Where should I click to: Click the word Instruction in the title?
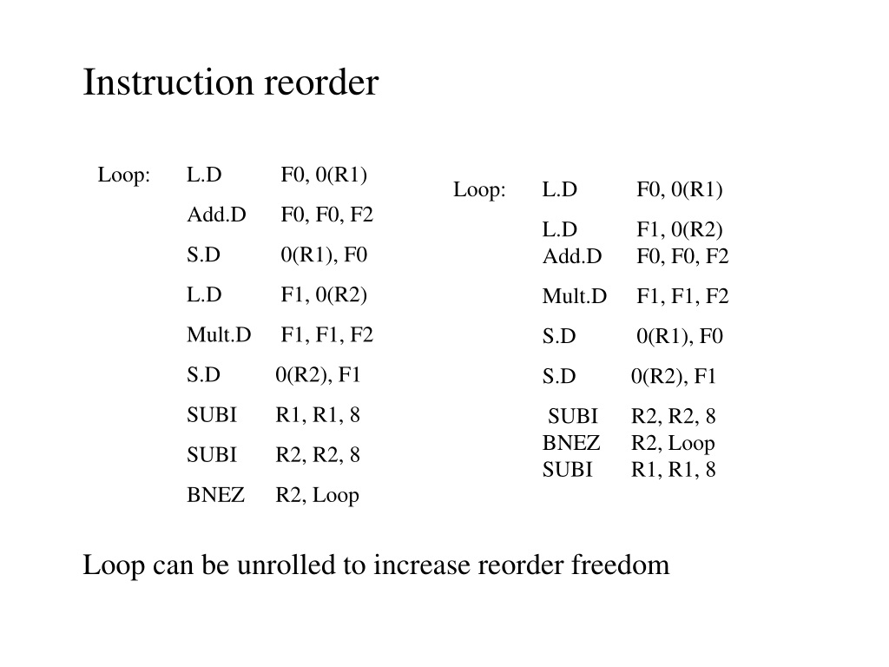tap(168, 83)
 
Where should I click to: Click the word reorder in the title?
tap(321, 83)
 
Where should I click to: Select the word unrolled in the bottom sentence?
tap(286, 565)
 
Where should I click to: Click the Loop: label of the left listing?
tap(123, 174)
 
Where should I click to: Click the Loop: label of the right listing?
tap(479, 188)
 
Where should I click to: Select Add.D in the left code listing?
tap(216, 215)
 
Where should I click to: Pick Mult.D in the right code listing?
tap(575, 296)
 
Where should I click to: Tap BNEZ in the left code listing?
tap(215, 494)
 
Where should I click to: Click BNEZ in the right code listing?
tap(571, 442)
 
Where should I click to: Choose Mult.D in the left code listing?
tap(219, 334)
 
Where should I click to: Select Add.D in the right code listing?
tap(572, 256)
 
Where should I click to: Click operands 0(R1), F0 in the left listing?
tap(324, 254)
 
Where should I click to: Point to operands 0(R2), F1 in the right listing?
tap(674, 376)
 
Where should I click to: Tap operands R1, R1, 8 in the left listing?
tap(318, 415)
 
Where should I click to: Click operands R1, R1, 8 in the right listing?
tap(673, 470)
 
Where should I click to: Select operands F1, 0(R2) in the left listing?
tap(324, 295)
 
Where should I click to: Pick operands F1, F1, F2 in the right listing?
tap(682, 296)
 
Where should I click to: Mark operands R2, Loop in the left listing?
tap(317, 495)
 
